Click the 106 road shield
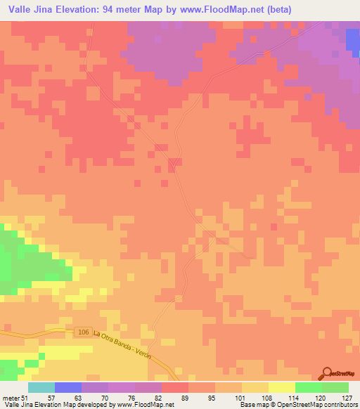pyautogui.click(x=83, y=332)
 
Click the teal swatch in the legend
pyautogui.click(x=41, y=387)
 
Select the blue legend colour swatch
pyautogui.click(x=68, y=387)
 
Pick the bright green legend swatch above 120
pyautogui.click(x=309, y=387)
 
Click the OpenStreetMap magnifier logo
pyautogui.click(x=328, y=374)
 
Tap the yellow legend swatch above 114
pyautogui.click(x=282, y=387)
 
